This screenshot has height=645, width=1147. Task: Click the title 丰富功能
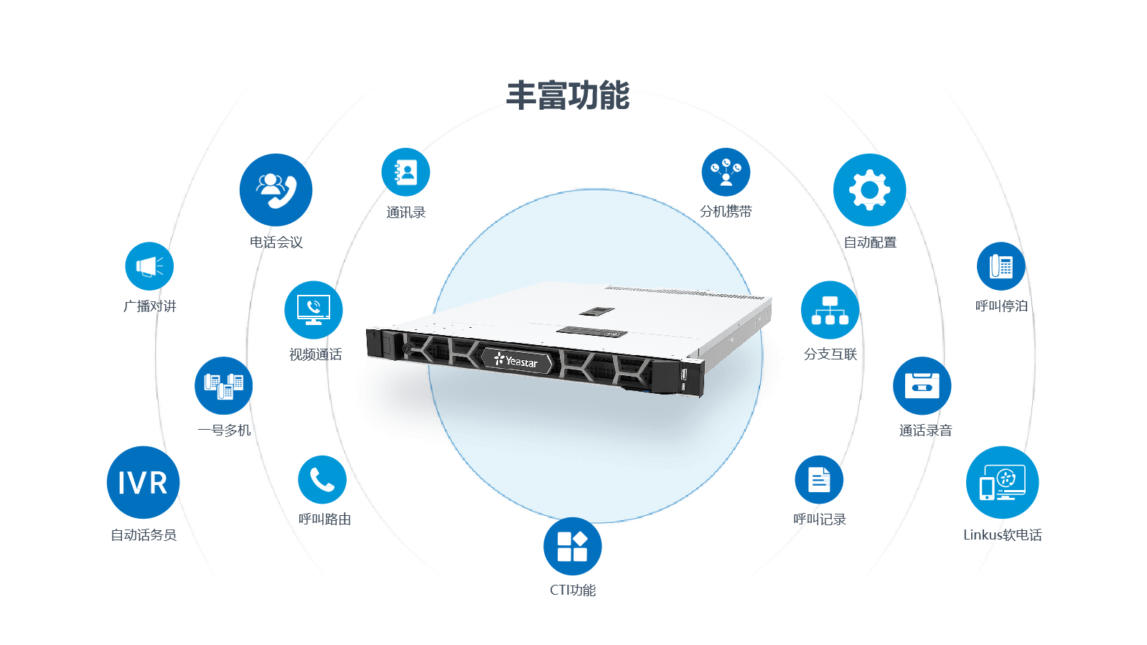568,95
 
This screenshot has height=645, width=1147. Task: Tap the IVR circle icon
143,482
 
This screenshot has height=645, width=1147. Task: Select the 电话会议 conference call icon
276,189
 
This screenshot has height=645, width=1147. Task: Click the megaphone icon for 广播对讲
149,266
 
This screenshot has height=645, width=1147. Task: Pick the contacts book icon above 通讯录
406,172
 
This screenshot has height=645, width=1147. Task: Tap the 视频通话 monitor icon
314,310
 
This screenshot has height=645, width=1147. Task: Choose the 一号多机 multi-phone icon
224,385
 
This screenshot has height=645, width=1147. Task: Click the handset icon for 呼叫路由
322,479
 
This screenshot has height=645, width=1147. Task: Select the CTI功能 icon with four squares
572,546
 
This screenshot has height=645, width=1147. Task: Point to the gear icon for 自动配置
869,189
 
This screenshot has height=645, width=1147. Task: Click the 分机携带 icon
726,172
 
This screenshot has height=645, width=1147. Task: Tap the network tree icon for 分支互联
830,310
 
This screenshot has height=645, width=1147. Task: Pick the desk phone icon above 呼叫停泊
1001,266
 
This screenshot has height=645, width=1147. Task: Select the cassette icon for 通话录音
922,385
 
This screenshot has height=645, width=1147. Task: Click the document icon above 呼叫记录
819,479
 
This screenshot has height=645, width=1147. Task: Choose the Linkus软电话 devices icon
1002,482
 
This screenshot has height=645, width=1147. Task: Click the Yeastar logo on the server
516,361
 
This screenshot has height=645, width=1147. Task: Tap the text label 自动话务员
144,535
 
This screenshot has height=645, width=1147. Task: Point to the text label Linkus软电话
1002,535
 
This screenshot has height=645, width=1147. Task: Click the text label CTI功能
573,590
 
